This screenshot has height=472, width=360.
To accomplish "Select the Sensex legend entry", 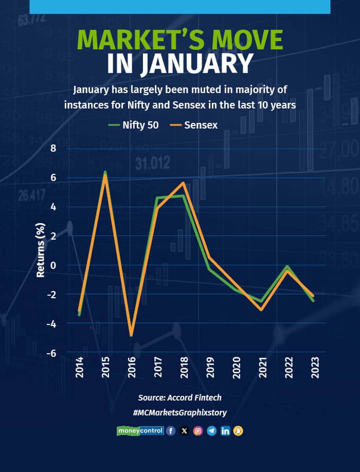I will coord(193,124).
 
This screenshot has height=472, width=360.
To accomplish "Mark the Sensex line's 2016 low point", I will coord(131,335).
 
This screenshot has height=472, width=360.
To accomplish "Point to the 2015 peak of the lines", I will coord(105,174).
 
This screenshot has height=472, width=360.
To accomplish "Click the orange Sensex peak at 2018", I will coord(183,183).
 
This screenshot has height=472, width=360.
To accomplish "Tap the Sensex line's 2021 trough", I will coord(262,310).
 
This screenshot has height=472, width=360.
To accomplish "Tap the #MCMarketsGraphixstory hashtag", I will coord(179,412).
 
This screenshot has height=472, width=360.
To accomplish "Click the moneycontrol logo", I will coord(140,431).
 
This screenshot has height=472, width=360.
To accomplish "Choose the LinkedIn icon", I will coord(225,431).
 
